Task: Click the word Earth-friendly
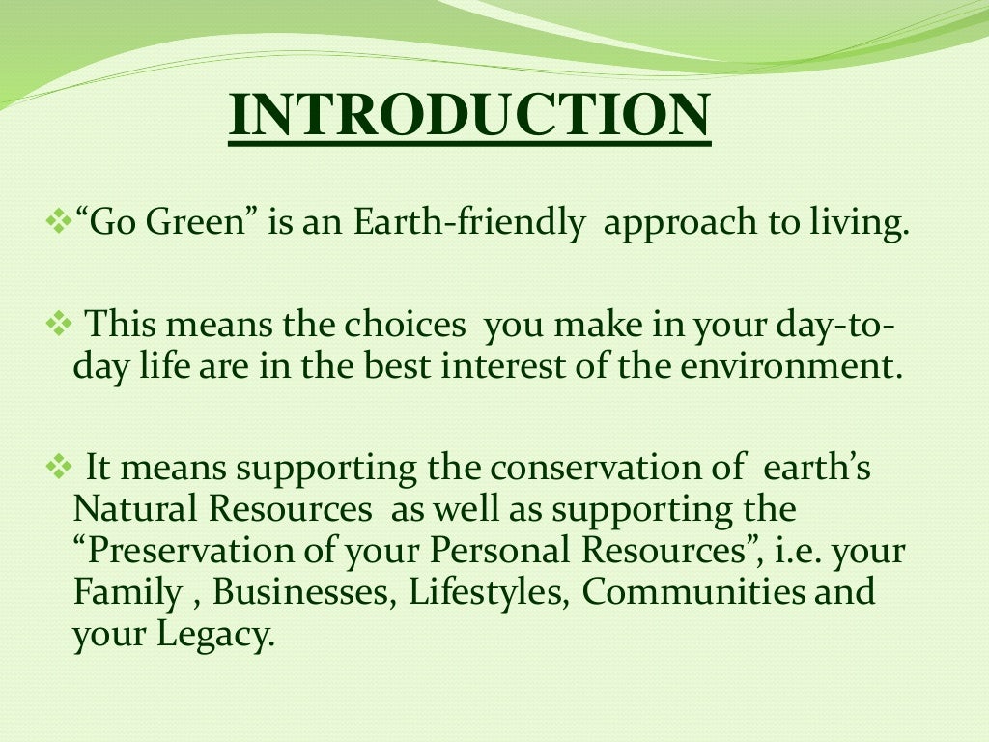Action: pos(469,224)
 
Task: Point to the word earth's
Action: pos(817,469)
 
